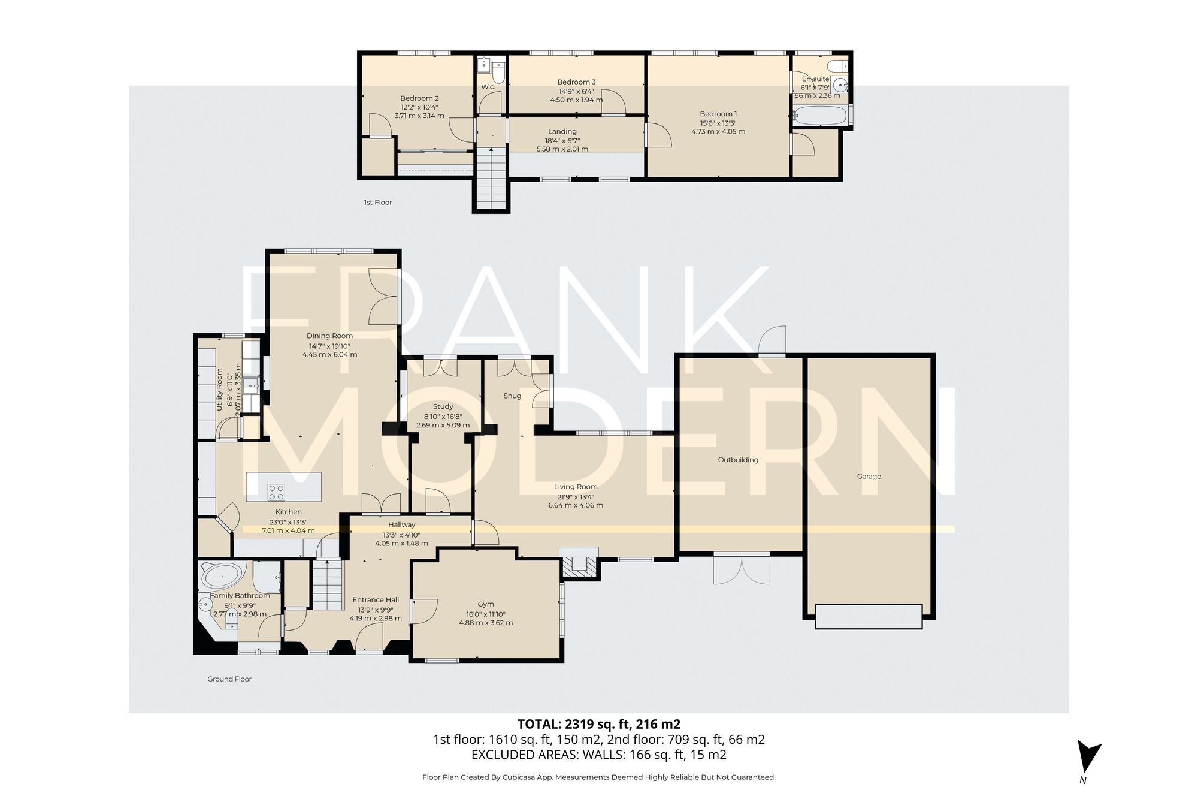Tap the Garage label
click(x=869, y=477)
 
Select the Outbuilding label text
click(x=738, y=460)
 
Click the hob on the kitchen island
click(x=276, y=492)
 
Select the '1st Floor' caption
click(x=377, y=203)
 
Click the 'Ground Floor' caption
click(x=229, y=679)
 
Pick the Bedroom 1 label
click(x=718, y=114)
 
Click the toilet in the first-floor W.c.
click(x=498, y=75)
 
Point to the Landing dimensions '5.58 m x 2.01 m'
click(x=562, y=149)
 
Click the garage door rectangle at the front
click(x=868, y=616)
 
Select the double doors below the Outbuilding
click(x=742, y=570)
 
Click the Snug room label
click(x=512, y=396)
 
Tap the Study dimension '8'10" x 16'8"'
click(x=443, y=417)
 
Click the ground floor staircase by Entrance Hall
click(x=328, y=584)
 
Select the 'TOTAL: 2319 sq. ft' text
click(x=598, y=723)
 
